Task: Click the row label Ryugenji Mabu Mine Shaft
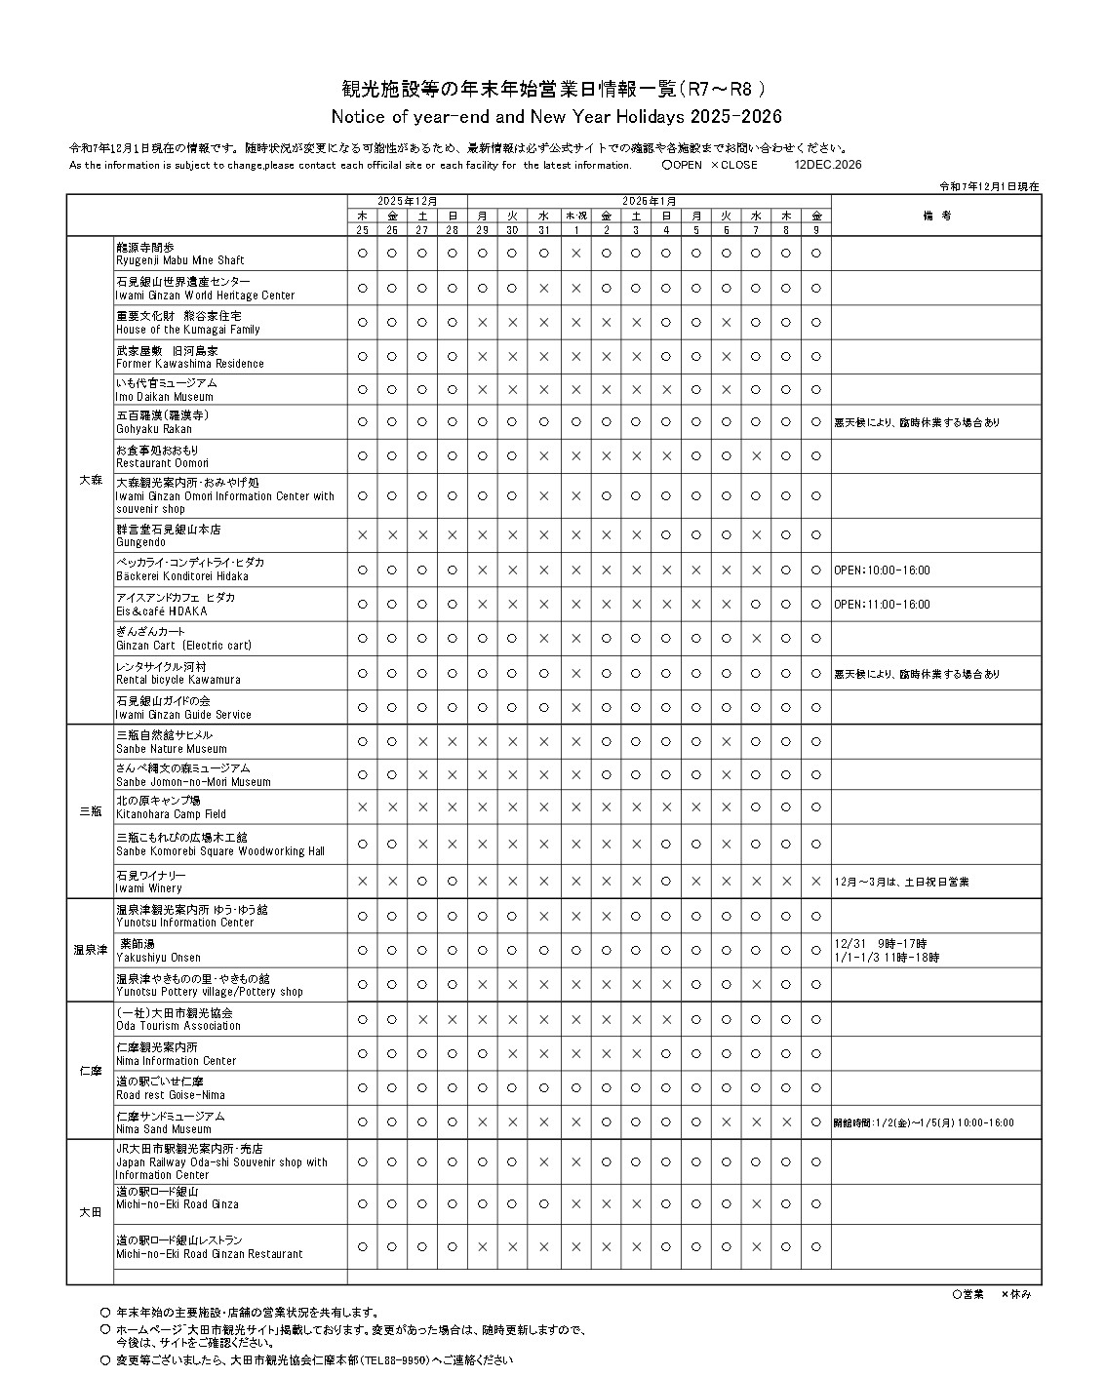click(180, 260)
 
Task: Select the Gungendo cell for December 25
click(363, 535)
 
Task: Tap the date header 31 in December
click(543, 230)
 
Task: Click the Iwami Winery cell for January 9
click(816, 882)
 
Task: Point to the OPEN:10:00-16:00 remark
click(882, 570)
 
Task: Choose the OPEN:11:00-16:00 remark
click(882, 605)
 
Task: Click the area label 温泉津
click(90, 950)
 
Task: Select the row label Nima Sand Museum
click(164, 1129)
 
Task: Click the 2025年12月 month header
click(408, 200)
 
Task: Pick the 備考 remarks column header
click(935, 216)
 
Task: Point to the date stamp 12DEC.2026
click(828, 165)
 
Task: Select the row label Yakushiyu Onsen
click(159, 958)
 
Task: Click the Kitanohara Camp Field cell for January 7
click(756, 807)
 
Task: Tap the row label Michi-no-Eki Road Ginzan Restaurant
click(210, 1254)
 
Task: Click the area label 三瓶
click(90, 811)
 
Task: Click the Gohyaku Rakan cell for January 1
click(575, 422)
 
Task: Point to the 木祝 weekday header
click(575, 216)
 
